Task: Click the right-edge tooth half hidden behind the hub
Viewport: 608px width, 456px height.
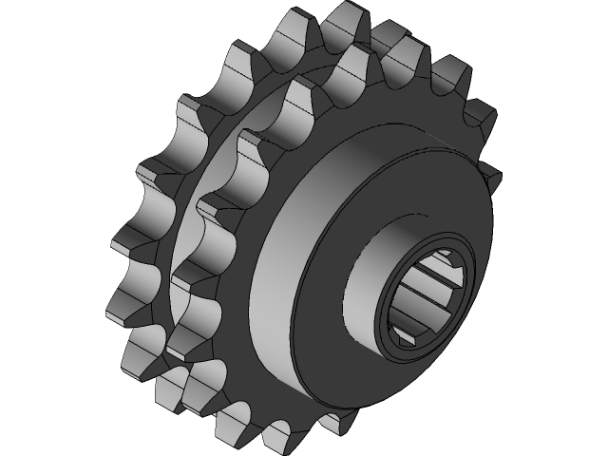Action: point(490,177)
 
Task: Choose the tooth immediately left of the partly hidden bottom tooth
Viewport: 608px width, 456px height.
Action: point(283,432)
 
